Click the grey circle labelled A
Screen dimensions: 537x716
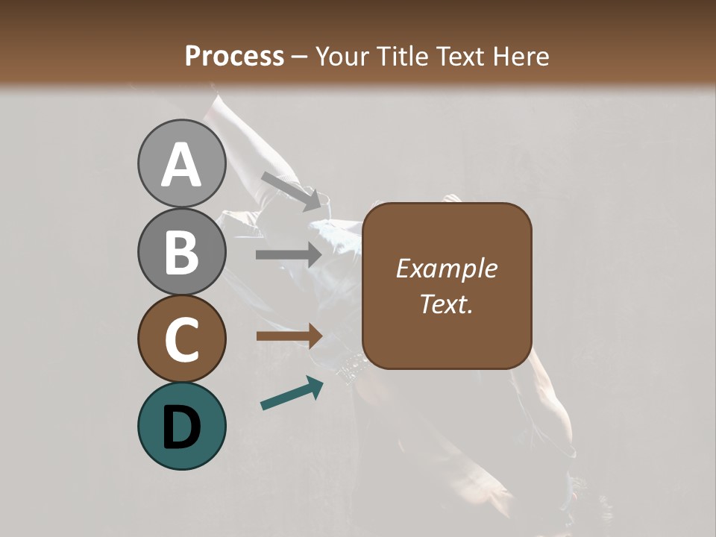tap(181, 163)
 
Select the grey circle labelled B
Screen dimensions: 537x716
tap(181, 251)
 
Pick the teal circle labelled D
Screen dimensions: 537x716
tap(181, 426)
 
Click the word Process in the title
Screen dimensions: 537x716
tap(234, 57)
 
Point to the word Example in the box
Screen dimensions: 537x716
tap(446, 268)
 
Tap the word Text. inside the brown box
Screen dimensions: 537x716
tap(446, 304)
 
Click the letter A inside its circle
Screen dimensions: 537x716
tap(181, 165)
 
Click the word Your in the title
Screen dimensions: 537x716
tap(342, 57)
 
